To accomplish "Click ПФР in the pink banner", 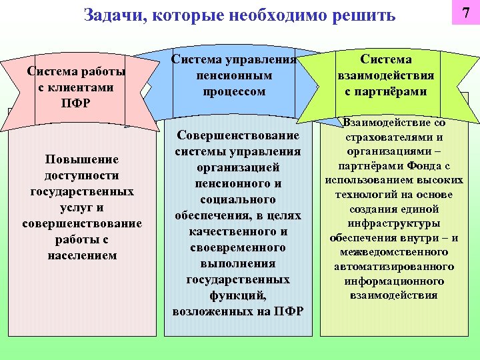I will coord(75,103).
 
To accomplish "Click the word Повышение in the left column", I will coord(81,159).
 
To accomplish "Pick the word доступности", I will coord(82,175).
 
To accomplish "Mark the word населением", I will coord(82,255).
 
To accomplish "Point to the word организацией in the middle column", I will coord(238,167).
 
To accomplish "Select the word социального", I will coord(238,199).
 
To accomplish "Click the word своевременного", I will coord(238,247).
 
